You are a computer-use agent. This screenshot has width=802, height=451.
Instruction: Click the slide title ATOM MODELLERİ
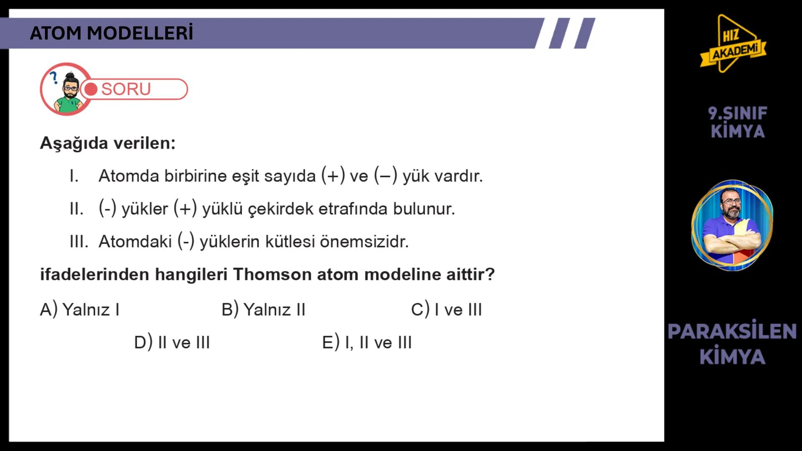pos(112,33)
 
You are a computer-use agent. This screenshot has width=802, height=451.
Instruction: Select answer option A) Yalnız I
pos(80,310)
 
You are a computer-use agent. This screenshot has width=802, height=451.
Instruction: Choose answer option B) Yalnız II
pos(264,310)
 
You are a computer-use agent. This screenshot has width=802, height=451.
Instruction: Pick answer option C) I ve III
pos(447,310)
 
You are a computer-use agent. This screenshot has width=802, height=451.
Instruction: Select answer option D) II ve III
pos(172,343)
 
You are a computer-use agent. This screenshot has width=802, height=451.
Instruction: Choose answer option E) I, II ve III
pos(367,343)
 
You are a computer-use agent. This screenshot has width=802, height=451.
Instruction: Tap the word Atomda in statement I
pos(129,176)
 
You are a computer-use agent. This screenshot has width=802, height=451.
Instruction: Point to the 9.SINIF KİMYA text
pos(738,122)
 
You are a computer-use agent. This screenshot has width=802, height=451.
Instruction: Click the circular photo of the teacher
pos(732,225)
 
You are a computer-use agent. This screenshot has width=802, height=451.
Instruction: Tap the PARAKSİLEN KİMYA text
pos(732,344)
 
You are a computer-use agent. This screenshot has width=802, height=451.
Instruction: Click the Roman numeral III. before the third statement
pos(79,241)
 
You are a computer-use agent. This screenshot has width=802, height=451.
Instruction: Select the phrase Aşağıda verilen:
pos(108,143)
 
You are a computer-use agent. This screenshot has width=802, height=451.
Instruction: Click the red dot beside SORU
pos(91,89)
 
